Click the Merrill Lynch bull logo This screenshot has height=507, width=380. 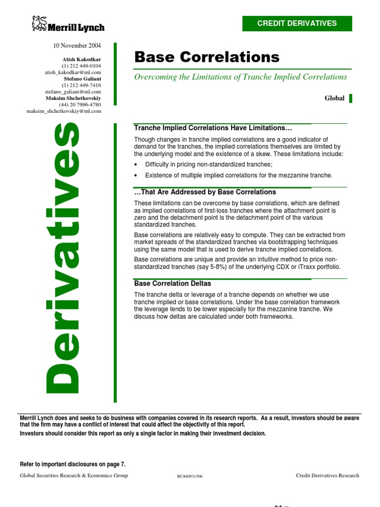click(x=39, y=23)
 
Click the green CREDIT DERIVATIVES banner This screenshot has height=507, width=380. click(x=297, y=23)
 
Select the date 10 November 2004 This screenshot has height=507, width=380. click(x=77, y=46)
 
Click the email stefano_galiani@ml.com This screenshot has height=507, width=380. click(x=73, y=92)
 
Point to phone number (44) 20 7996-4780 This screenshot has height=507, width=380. click(x=80, y=104)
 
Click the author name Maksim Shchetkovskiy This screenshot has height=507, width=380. click(x=73, y=98)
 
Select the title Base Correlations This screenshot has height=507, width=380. click(x=207, y=57)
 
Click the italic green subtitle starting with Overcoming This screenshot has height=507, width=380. click(x=240, y=77)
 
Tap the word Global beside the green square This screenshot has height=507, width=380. click(x=334, y=98)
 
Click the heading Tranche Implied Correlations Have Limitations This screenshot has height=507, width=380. click(x=210, y=128)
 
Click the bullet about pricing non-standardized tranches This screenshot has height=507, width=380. click(x=209, y=164)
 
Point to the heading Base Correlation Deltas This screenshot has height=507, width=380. click(x=173, y=284)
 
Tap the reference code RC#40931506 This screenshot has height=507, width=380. click(x=190, y=476)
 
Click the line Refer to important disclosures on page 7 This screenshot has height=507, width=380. click(x=73, y=464)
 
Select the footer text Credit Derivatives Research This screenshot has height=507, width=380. click(x=328, y=475)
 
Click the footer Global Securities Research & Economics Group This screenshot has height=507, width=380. click(x=74, y=475)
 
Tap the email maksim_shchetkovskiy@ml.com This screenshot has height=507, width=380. click(x=64, y=111)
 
